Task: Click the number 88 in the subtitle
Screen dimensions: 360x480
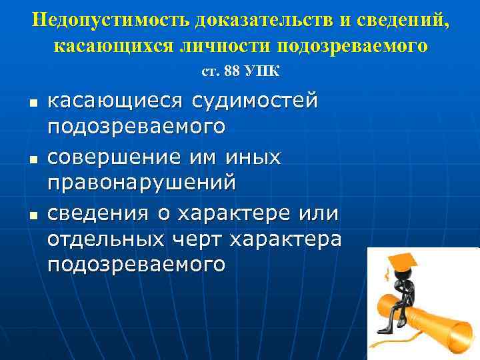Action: (x=233, y=71)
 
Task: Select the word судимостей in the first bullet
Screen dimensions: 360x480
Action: (x=256, y=101)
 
